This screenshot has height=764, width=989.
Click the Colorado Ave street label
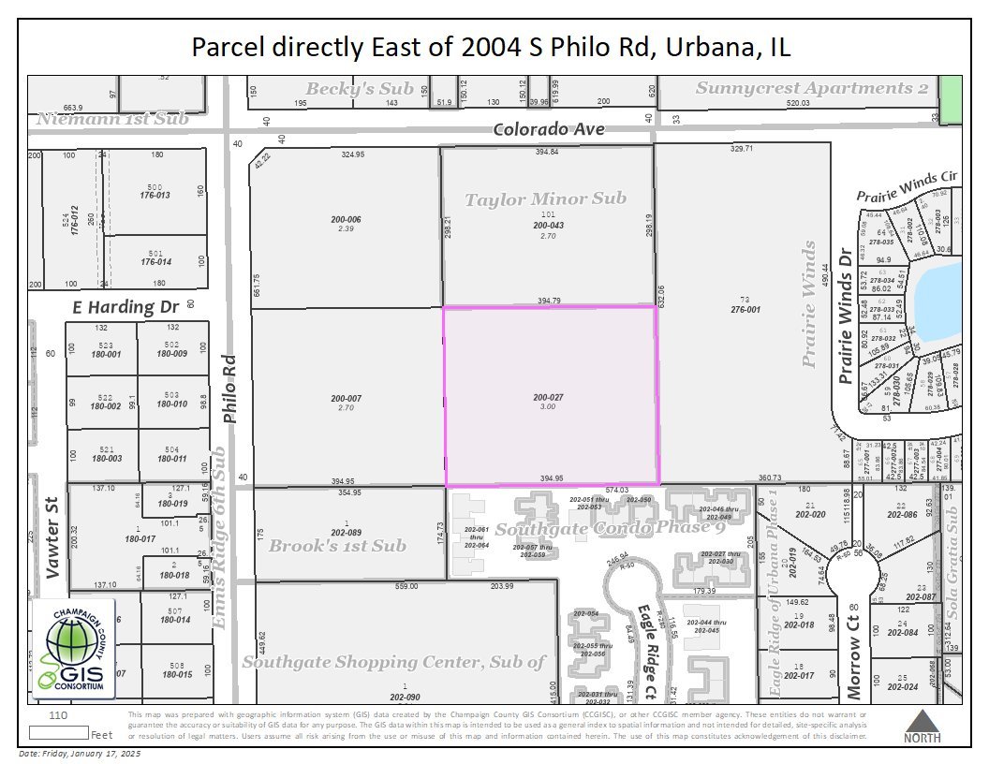(549, 129)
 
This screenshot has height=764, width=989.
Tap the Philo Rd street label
(231, 392)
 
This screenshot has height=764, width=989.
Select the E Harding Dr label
(126, 306)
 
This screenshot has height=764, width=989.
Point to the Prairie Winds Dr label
(846, 315)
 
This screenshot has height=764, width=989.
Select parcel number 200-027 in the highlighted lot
(549, 397)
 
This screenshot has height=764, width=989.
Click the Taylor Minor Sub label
(546, 198)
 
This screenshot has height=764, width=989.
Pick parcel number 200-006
(346, 219)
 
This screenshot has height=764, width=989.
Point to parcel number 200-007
(346, 398)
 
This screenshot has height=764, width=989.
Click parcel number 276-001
(745, 309)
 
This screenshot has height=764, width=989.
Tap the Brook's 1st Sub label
(337, 545)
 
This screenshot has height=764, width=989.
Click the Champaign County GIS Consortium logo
(73, 649)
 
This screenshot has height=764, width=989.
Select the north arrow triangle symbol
(923, 721)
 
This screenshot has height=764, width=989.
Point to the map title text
(491, 46)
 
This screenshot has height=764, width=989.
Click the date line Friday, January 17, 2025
(79, 754)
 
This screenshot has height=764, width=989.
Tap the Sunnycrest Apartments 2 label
(812, 88)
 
